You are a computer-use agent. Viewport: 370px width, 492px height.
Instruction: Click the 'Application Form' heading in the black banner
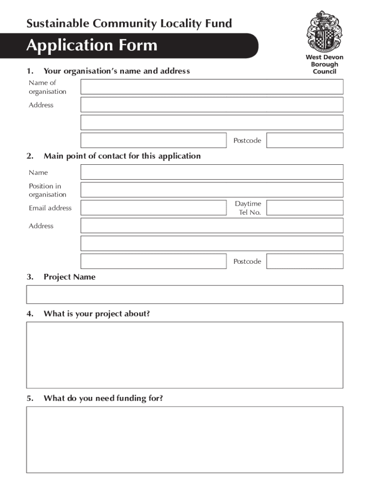tap(92, 46)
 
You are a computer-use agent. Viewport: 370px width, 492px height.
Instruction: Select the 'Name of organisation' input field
tap(212, 87)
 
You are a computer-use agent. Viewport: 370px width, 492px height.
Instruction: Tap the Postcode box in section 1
tap(305, 140)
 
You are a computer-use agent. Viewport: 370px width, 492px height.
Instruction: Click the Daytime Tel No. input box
tap(305, 208)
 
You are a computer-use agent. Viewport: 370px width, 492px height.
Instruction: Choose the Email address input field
tap(154, 208)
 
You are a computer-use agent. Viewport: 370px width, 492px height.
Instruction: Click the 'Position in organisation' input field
tap(212, 190)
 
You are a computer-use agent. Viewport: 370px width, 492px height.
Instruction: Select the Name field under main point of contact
tap(212, 172)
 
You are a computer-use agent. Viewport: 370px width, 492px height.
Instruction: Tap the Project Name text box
tap(185, 295)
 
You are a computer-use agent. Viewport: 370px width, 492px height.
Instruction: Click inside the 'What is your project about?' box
tap(185, 355)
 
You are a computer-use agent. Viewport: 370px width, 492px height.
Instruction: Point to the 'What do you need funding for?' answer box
tap(185, 440)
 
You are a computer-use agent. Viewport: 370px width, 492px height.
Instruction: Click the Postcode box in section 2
tap(305, 261)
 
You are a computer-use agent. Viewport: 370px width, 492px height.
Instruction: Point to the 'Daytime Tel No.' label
tap(248, 208)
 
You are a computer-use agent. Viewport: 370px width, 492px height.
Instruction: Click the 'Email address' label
tap(50, 208)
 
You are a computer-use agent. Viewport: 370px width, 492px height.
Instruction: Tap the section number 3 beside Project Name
tap(30, 277)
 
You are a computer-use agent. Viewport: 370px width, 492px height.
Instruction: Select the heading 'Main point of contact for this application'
tap(122, 156)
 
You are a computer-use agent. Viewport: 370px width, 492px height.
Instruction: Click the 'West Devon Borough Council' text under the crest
tap(324, 64)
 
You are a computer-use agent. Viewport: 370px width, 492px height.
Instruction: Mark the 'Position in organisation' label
tap(47, 190)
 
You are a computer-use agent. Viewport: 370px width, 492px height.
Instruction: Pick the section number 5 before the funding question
tap(30, 398)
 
